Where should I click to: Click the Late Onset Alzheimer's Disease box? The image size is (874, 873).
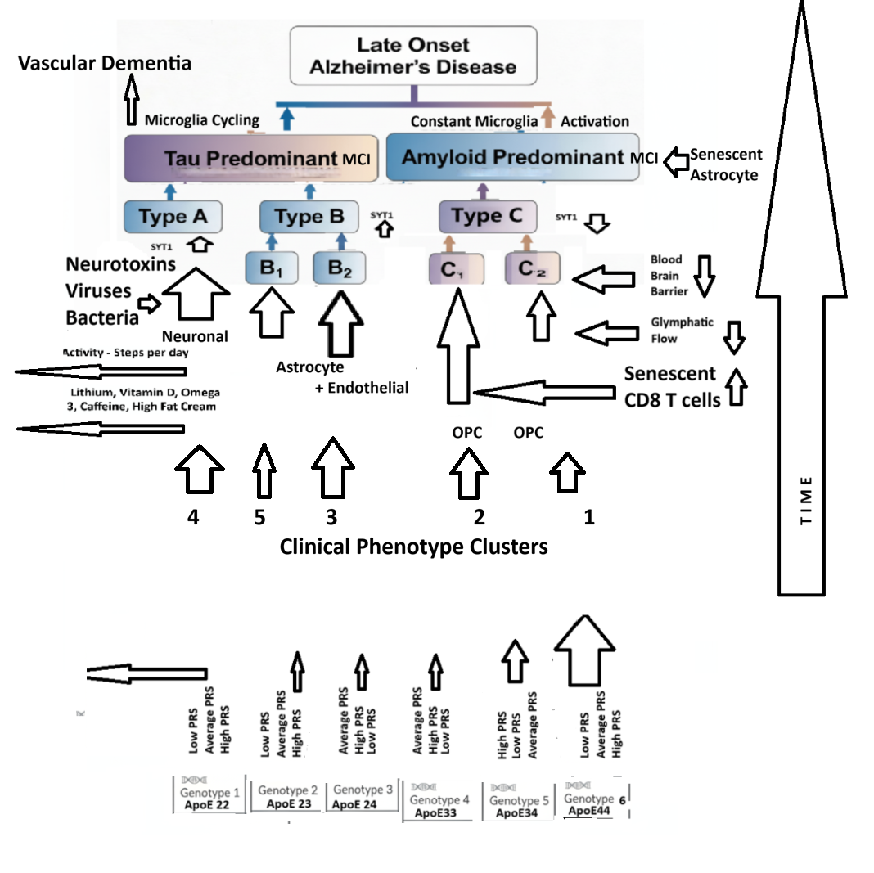[412, 55]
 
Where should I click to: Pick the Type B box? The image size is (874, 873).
[308, 217]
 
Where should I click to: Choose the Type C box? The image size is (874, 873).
[488, 217]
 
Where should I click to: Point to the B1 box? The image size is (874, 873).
[270, 268]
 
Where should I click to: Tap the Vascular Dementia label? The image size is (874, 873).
[105, 63]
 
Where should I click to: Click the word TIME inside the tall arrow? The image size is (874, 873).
[807, 501]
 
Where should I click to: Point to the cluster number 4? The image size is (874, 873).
[194, 517]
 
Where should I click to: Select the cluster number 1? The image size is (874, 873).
[588, 517]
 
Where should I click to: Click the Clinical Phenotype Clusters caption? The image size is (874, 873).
[413, 546]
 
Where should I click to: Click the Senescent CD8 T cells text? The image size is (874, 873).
[671, 387]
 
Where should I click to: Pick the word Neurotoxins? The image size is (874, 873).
[120, 264]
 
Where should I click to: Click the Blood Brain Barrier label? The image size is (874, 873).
[666, 275]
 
